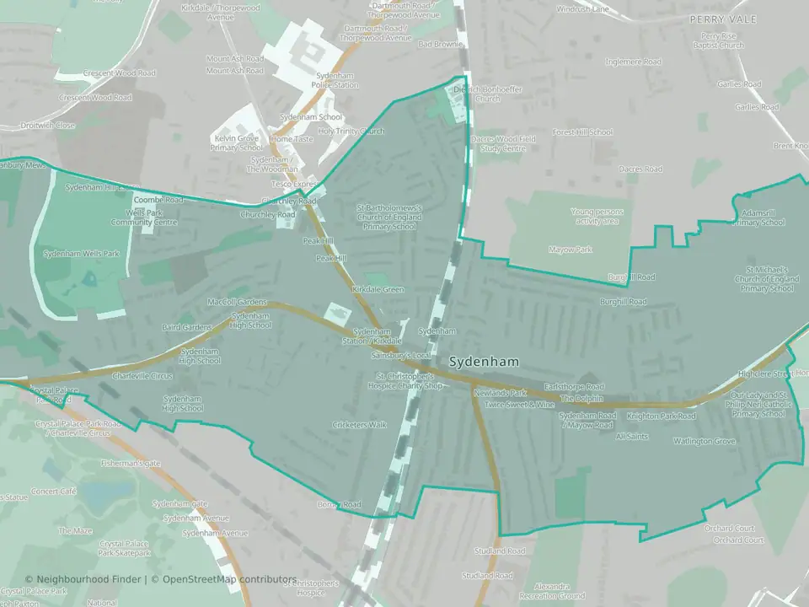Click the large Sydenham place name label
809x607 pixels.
(484, 362)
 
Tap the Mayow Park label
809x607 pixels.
(571, 250)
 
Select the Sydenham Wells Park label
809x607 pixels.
(82, 253)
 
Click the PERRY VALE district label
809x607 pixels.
(723, 19)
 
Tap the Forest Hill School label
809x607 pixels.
(582, 132)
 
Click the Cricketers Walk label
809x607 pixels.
(360, 425)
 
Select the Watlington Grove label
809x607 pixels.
(704, 441)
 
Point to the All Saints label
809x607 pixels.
(632, 437)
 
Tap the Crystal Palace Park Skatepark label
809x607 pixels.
(125, 548)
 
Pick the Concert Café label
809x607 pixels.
(54, 491)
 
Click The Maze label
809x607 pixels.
(75, 531)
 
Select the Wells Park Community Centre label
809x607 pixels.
(142, 218)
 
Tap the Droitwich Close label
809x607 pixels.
(48, 126)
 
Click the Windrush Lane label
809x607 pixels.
(583, 9)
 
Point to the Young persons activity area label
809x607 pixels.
(594, 217)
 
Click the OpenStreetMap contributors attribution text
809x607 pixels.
(229, 580)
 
